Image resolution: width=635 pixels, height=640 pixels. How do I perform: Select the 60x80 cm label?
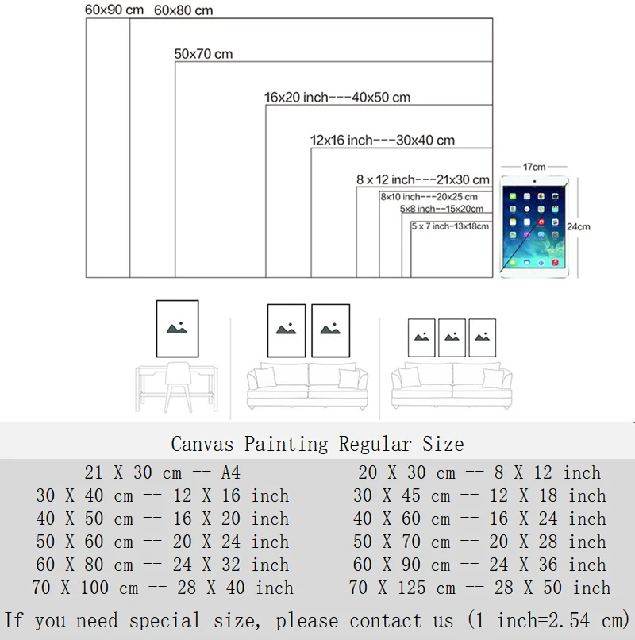(x=183, y=11)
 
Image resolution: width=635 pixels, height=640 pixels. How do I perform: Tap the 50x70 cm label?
(x=203, y=54)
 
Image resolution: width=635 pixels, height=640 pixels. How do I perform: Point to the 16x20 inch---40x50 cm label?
(x=337, y=98)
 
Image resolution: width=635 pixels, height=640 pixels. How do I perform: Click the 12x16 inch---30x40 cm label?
(x=382, y=141)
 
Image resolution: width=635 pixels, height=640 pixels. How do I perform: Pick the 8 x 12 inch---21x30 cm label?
(x=423, y=180)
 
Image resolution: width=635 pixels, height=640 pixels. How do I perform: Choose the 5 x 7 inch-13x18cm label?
(x=450, y=226)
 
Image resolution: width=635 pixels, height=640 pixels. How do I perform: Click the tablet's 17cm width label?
(x=533, y=168)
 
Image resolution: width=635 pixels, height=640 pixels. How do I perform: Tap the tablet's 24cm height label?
(x=579, y=226)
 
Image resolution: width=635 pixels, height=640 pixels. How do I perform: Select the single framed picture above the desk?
(x=177, y=329)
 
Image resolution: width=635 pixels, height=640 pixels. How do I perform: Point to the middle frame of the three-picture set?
(x=452, y=337)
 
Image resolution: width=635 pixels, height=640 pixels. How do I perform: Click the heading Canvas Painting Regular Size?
(x=317, y=444)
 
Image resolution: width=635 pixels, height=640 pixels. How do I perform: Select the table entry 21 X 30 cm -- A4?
(x=163, y=473)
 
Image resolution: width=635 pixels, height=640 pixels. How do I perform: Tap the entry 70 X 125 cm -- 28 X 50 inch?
(x=479, y=589)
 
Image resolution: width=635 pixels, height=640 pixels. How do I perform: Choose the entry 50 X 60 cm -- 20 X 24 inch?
(x=163, y=542)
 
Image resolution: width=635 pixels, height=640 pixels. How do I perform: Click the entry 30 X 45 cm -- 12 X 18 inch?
(x=479, y=496)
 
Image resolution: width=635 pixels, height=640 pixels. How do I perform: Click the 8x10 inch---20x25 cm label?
(x=429, y=197)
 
